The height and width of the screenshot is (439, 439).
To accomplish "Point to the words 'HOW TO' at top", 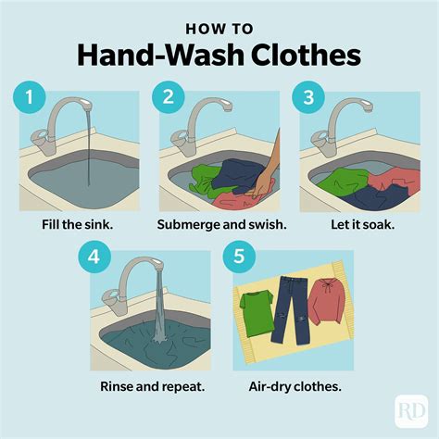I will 219,27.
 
